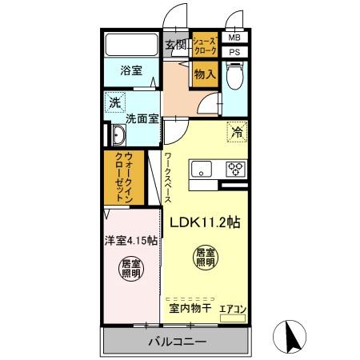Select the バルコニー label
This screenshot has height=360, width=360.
click(176, 342)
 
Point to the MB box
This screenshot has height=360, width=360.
click(234, 38)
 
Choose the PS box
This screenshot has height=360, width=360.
click(234, 53)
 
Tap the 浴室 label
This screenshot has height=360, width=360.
click(131, 70)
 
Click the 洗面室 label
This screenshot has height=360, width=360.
click(141, 119)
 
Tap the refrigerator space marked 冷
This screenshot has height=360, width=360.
click(236, 133)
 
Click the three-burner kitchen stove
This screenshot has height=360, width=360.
click(235, 169)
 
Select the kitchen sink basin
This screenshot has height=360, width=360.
click(201, 169)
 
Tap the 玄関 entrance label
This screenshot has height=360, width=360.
click(175, 44)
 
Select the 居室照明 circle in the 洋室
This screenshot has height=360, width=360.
click(130, 269)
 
